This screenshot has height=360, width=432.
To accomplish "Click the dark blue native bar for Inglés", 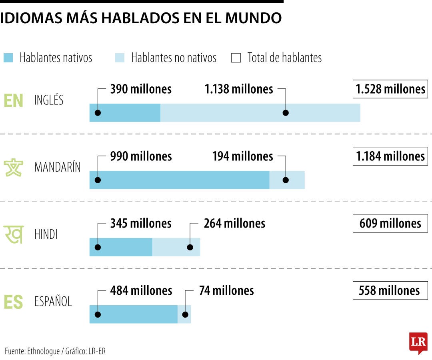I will tap(125, 113).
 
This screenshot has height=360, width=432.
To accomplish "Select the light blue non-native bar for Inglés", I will tap(260, 113).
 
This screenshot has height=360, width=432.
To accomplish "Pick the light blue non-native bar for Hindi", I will tap(176, 247).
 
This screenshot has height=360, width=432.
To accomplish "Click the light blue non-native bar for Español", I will tap(184, 314).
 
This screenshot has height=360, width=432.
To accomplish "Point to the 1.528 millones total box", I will tap(390, 89).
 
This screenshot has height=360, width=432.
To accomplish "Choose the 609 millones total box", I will tap(390, 223).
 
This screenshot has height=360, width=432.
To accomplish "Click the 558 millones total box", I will tap(390, 290).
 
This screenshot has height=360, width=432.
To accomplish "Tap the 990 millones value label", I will tap(141, 156).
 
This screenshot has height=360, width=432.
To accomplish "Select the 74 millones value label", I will tap(226, 290).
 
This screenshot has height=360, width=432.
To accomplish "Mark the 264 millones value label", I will tap(234, 223).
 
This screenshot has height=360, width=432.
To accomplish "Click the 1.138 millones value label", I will tap(239, 89).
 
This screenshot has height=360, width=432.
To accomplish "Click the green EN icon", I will tap(13, 101).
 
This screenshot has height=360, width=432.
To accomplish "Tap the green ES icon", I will tap(13, 302).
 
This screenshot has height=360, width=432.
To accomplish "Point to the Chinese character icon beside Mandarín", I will tap(13, 167).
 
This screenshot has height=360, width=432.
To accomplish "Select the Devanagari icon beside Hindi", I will tap(13, 234).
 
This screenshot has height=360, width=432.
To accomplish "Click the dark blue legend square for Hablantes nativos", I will tap(8, 58).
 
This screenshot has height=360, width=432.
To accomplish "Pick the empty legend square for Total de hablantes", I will tap(236, 58).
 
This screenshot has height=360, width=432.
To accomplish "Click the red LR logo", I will tap(418, 342).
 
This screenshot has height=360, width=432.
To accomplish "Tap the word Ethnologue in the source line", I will tap(44, 351).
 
